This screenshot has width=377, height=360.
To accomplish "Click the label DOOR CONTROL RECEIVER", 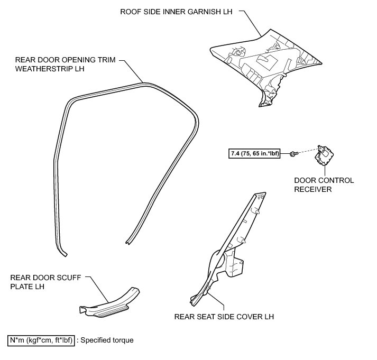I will point(325,184).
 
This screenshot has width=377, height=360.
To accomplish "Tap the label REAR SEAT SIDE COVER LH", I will point(224,317).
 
